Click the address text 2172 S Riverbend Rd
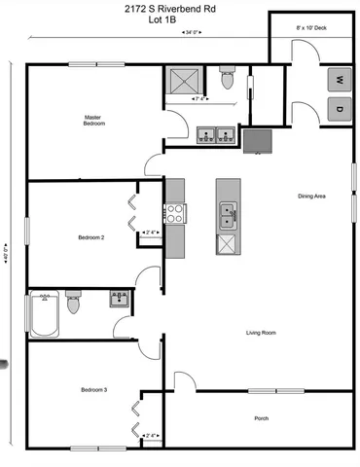pos(180,9)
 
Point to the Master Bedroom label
pos(93,121)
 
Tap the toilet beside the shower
pos(228,80)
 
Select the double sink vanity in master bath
pos(215,133)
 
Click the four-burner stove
pos(175,212)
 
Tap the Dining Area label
pos(311,197)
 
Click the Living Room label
pos(261,333)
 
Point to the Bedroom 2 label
pos(91,236)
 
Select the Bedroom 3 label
pos(93,390)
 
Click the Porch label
pos(261,418)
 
